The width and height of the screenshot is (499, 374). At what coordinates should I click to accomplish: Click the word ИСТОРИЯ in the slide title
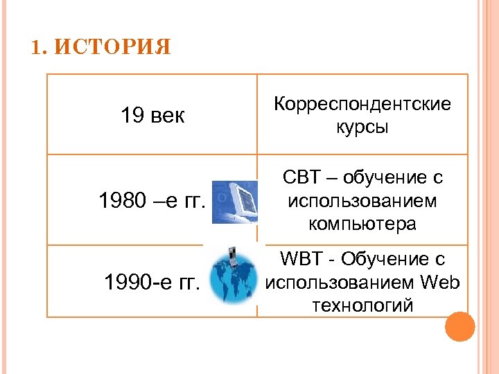[112, 48]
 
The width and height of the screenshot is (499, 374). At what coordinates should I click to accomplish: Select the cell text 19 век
[152, 115]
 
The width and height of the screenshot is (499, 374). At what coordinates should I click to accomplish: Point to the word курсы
[362, 127]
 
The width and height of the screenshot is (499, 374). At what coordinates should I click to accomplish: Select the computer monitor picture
[234, 200]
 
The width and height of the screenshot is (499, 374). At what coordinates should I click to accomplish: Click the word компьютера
[362, 224]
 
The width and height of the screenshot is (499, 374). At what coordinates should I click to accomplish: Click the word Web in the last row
[439, 282]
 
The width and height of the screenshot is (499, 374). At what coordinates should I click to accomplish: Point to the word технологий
[362, 305]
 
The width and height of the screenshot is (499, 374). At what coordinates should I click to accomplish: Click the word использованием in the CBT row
[362, 201]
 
